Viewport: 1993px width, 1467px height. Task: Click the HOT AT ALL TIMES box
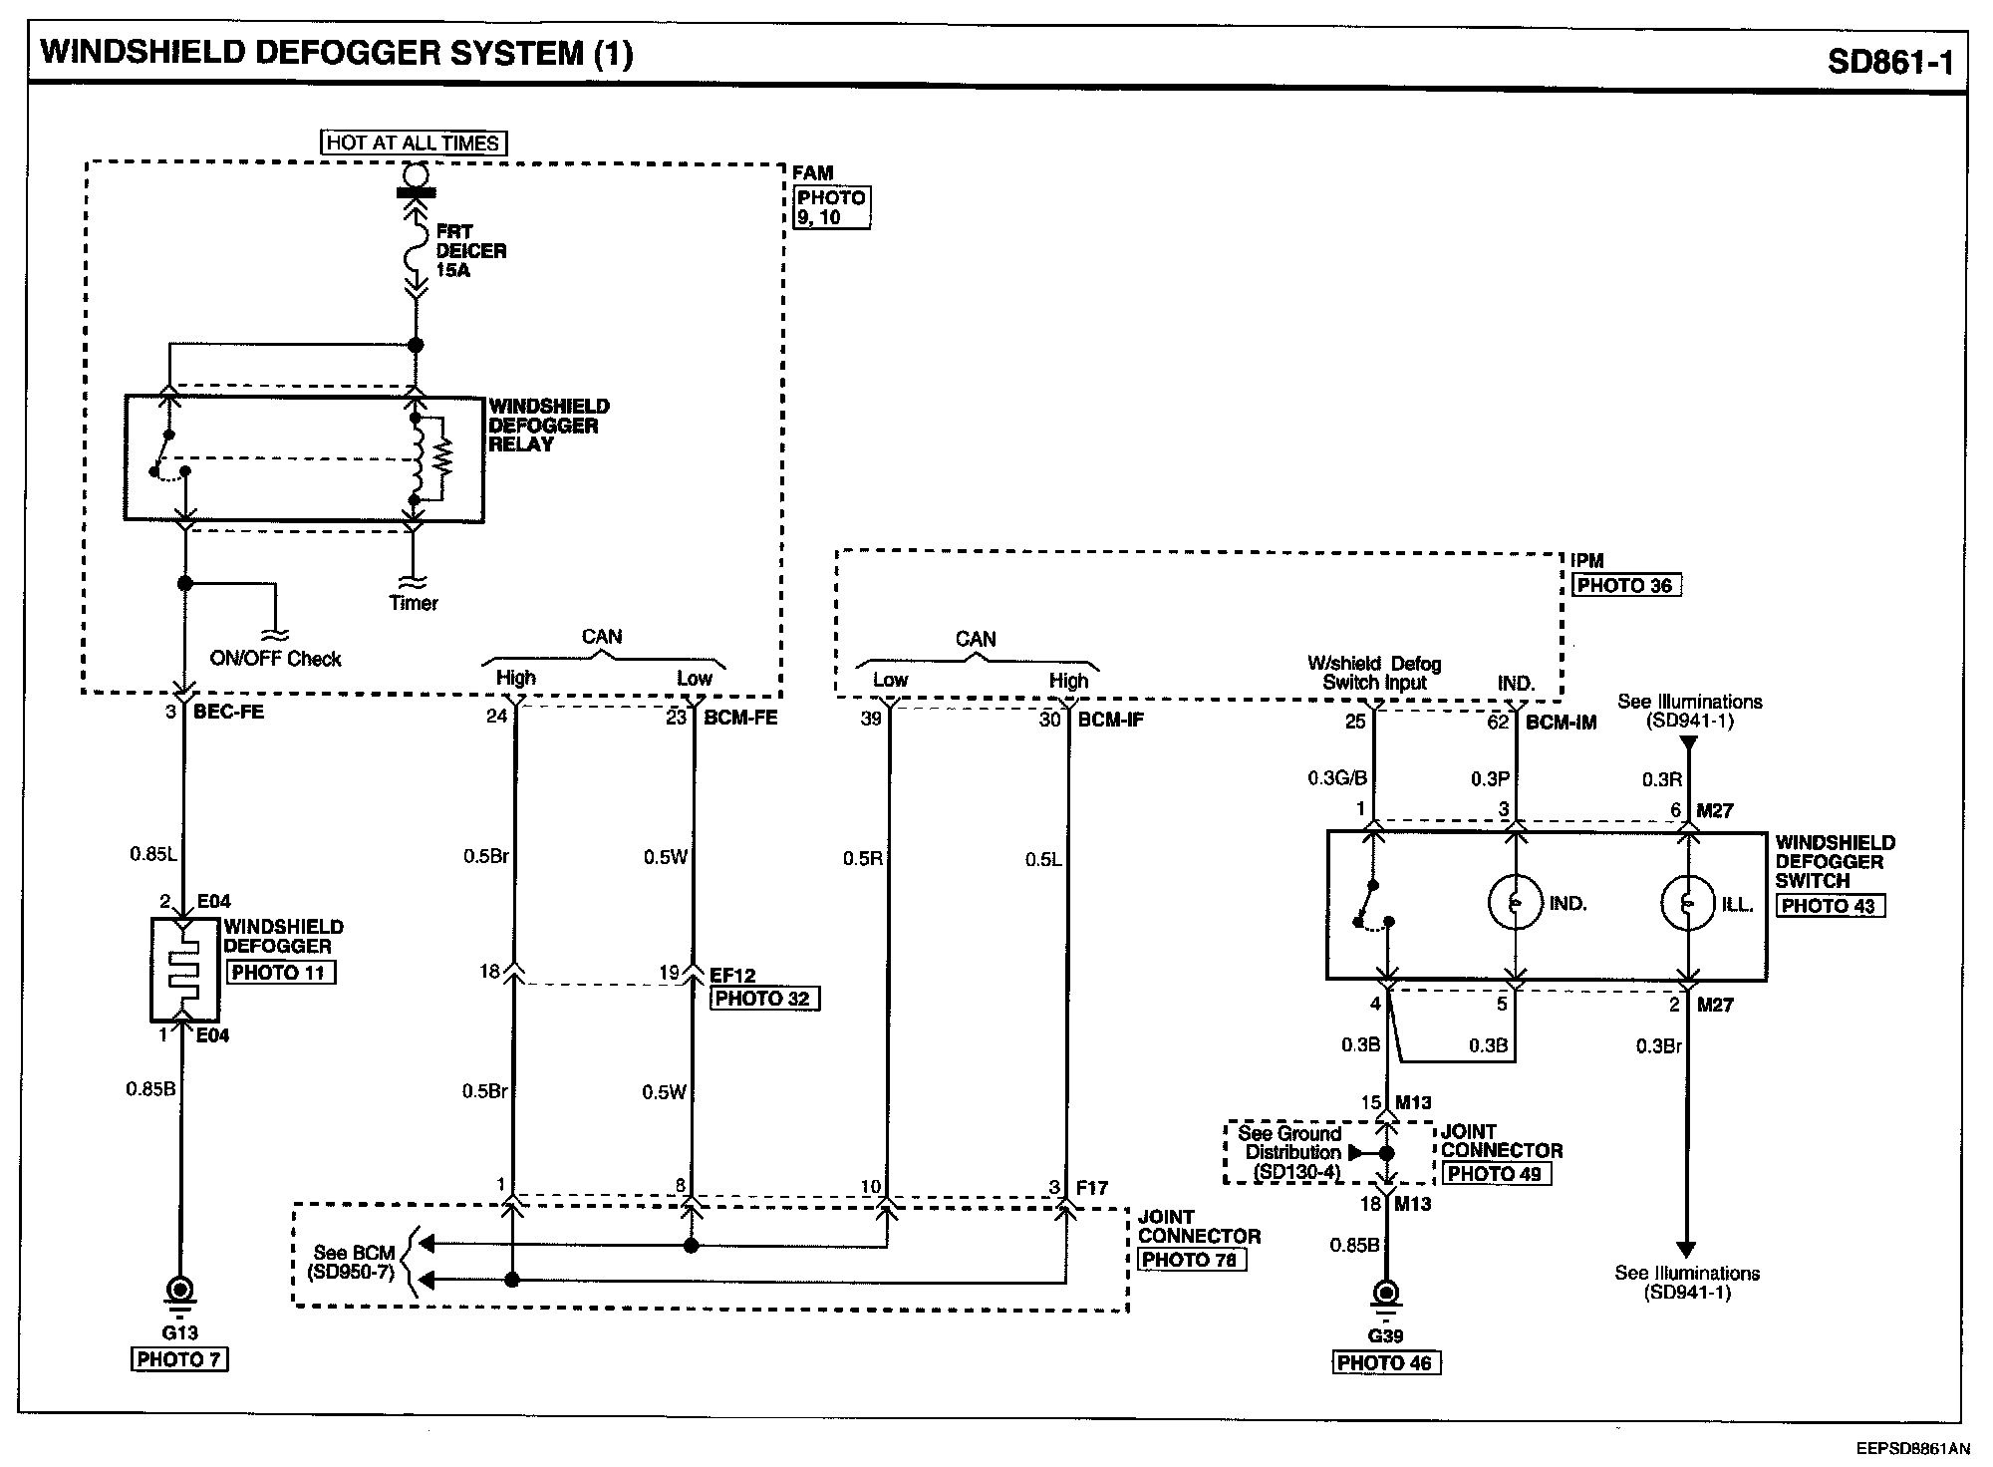413,143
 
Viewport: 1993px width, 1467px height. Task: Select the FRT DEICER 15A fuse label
470,250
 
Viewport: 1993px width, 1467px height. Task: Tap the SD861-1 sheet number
1890,62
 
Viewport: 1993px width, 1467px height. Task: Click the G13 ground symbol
180,1292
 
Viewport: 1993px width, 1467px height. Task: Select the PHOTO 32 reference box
764,999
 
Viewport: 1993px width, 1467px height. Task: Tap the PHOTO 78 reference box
1191,1260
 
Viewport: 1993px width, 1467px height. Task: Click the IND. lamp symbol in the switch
1515,903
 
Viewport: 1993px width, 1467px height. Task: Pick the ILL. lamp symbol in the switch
1687,903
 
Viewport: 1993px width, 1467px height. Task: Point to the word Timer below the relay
414,603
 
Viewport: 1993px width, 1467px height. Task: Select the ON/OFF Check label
275,659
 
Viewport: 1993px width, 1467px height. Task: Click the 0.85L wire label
152,854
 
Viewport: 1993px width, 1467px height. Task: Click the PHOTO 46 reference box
1386,1362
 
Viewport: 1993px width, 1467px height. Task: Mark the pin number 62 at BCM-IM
1498,722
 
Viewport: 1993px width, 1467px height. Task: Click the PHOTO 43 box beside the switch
1830,906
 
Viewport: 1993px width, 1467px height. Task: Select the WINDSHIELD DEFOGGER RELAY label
548,426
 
